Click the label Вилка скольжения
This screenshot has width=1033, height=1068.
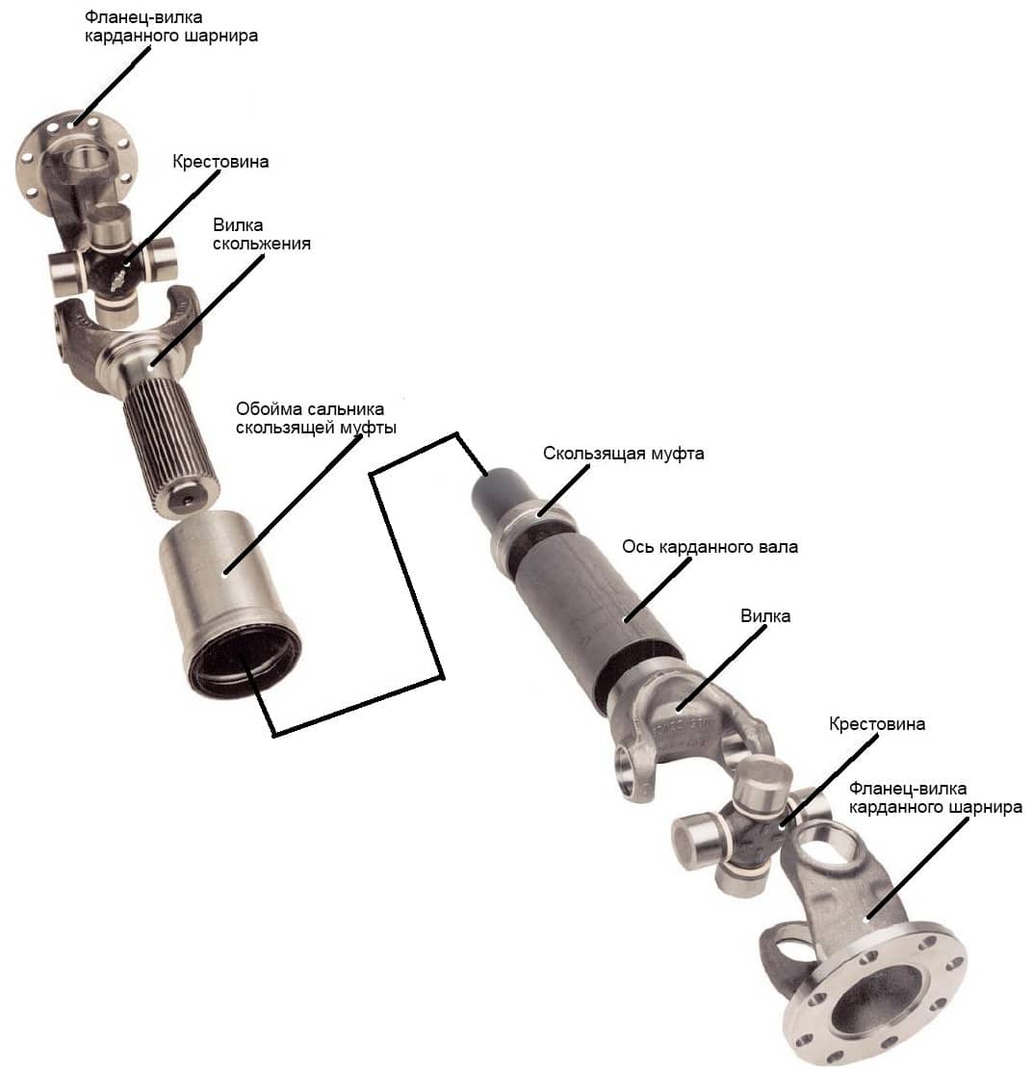click(x=262, y=234)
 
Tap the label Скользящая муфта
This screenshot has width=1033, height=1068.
click(x=623, y=454)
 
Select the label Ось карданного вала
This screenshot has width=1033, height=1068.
click(x=710, y=547)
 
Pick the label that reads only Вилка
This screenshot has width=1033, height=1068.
click(x=765, y=616)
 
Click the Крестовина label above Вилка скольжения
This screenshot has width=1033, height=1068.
click(x=220, y=162)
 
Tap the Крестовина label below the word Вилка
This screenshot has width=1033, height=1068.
click(x=877, y=724)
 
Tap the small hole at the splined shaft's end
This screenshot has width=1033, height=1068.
click(x=188, y=501)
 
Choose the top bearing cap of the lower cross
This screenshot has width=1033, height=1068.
click(x=762, y=782)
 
